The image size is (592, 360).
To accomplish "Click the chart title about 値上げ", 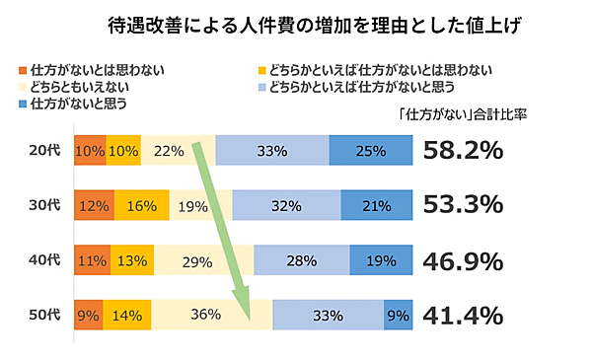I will click(x=296, y=23).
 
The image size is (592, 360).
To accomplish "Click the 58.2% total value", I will click(x=464, y=151).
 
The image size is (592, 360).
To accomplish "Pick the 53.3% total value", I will click(x=464, y=205).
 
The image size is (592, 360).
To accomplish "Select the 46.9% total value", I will click(x=464, y=260).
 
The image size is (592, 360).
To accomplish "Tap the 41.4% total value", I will click(x=464, y=316).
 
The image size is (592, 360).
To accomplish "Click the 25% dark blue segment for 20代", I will click(x=370, y=151).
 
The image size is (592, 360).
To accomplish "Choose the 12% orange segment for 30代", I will click(x=94, y=206).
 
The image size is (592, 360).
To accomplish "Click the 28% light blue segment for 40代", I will click(x=302, y=260).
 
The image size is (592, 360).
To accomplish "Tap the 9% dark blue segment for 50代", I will click(x=398, y=316).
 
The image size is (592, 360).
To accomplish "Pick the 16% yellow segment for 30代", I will click(x=141, y=206).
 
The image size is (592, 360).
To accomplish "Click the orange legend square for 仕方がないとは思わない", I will click(x=23, y=71).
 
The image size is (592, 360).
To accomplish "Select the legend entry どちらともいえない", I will click(x=69, y=87).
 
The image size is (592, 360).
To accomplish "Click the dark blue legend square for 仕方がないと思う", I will click(x=23, y=103).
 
